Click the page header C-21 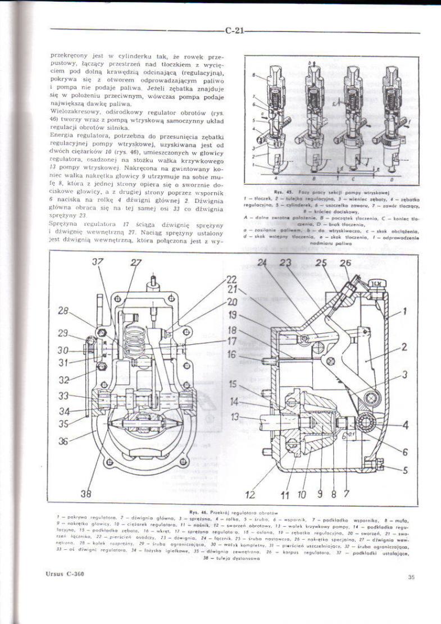pyautogui.click(x=234, y=31)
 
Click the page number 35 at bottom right pyautogui.click(x=411, y=576)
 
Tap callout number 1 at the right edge pyautogui.click(x=404, y=310)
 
